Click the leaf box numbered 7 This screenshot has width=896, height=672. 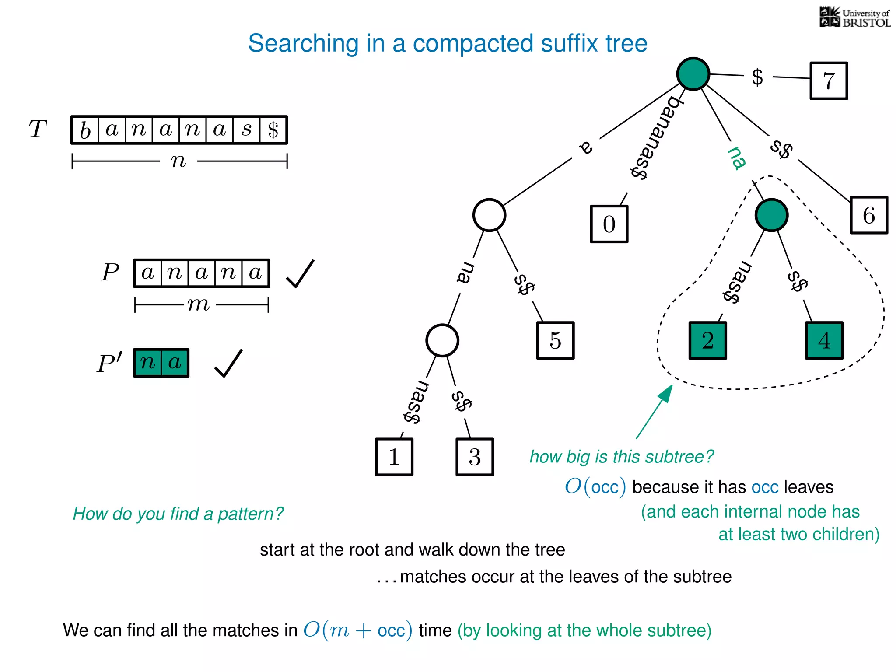pos(829,81)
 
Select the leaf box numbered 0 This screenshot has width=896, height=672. pos(609,224)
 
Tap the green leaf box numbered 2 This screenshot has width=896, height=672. pos(707,341)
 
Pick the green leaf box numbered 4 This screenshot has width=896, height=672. pos(824,341)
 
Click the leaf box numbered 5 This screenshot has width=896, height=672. pos(555,341)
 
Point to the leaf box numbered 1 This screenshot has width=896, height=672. pos(394,457)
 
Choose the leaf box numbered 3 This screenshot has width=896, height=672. pos(475,457)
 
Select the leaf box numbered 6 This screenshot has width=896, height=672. pos(869,215)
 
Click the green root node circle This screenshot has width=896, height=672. pos(693,74)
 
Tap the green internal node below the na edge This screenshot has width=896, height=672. pos(771,215)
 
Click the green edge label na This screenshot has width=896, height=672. pos(737,158)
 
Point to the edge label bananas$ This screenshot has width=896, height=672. pos(655,138)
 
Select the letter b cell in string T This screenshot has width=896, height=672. pos(85,130)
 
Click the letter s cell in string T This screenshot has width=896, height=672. pos(247,130)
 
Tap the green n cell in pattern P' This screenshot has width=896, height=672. pos(148,363)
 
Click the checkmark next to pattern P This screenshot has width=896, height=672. pos(300,274)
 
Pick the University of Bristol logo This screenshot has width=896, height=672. pos(854,17)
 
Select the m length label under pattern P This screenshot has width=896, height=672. pos(199,304)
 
